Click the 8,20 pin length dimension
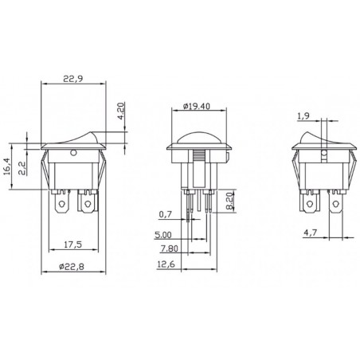229,200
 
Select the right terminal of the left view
88,209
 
